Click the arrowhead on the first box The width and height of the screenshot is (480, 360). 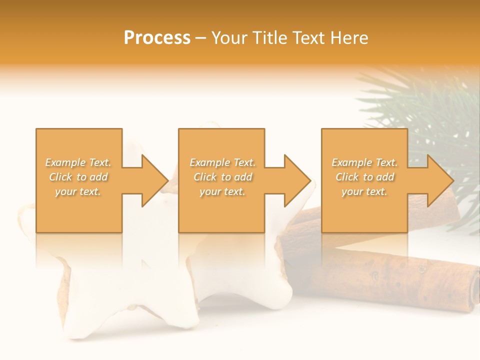[152, 180]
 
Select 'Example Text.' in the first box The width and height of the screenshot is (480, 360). [78, 162]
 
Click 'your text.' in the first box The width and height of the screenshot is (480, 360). [78, 191]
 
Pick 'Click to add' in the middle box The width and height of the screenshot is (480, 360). [222, 177]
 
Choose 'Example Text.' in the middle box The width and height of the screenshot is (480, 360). [222, 162]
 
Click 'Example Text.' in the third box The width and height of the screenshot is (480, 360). [364, 162]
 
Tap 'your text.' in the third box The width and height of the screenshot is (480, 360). [364, 191]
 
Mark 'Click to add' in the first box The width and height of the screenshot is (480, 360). [78, 177]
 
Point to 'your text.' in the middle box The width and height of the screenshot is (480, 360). [222, 191]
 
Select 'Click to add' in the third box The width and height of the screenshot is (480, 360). [364, 177]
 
